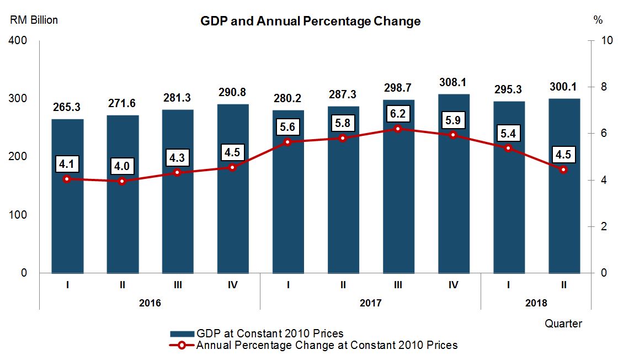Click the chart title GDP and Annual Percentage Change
click(310, 22)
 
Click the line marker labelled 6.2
click(398, 129)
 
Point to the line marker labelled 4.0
click(122, 181)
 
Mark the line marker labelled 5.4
click(509, 148)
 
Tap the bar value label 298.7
click(398, 89)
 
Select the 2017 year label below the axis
click(370, 303)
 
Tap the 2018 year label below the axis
click(536, 303)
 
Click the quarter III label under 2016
click(178, 285)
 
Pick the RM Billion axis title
click(33, 20)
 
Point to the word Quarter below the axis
click(563, 324)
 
